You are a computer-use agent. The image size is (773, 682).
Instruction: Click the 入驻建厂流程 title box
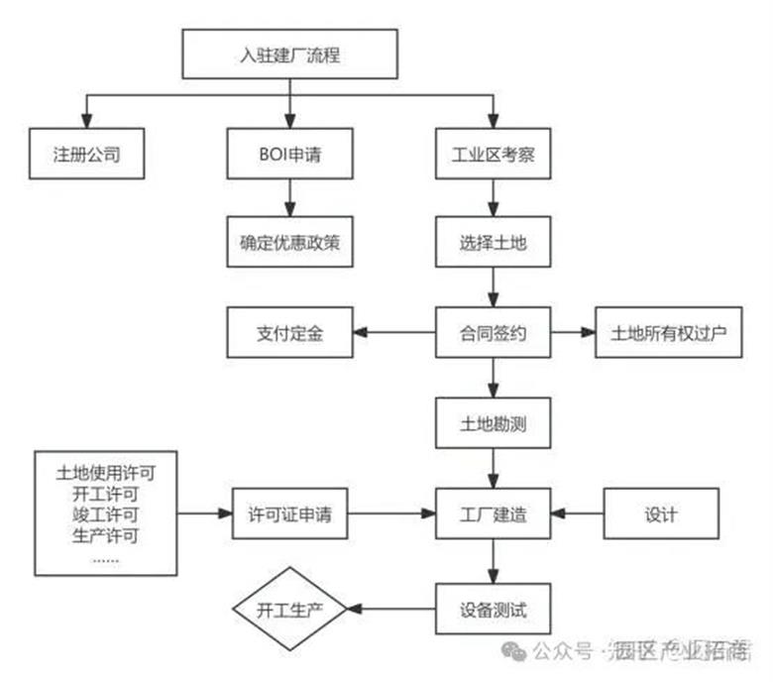(x=289, y=55)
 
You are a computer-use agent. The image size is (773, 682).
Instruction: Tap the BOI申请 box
(x=289, y=155)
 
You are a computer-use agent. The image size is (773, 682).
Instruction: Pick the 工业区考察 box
(x=494, y=155)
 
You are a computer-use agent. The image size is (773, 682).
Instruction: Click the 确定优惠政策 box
(x=289, y=242)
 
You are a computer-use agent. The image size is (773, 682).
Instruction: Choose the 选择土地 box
(x=494, y=242)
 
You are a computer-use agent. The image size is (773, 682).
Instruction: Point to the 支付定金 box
(x=289, y=332)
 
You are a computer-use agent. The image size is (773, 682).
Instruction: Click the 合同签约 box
(x=494, y=332)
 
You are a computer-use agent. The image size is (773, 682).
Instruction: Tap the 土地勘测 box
(x=494, y=424)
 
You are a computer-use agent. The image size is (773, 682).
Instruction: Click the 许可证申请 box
(x=289, y=513)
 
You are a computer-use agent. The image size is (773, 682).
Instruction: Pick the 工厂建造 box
(x=494, y=513)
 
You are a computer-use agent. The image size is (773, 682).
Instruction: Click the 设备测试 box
(x=494, y=606)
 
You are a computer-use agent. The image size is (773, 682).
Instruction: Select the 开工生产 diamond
(x=289, y=606)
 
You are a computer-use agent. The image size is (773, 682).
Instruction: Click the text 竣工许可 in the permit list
(x=105, y=513)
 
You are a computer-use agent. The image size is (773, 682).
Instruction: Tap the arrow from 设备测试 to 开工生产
(x=391, y=606)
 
